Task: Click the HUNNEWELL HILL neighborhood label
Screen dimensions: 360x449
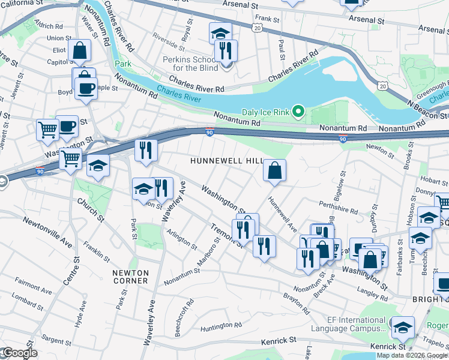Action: pos(220,161)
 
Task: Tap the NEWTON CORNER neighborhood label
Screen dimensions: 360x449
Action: pos(130,277)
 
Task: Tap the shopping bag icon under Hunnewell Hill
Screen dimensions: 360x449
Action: pos(274,170)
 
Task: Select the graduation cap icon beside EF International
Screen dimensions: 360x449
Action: pos(403,327)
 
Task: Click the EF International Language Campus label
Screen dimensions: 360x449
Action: pos(348,324)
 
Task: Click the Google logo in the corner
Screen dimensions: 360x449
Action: pos(19,353)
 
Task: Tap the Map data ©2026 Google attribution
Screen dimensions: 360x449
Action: pos(411,355)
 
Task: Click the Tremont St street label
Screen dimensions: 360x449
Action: pos(226,236)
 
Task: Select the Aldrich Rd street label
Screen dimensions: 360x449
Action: pos(49,26)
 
